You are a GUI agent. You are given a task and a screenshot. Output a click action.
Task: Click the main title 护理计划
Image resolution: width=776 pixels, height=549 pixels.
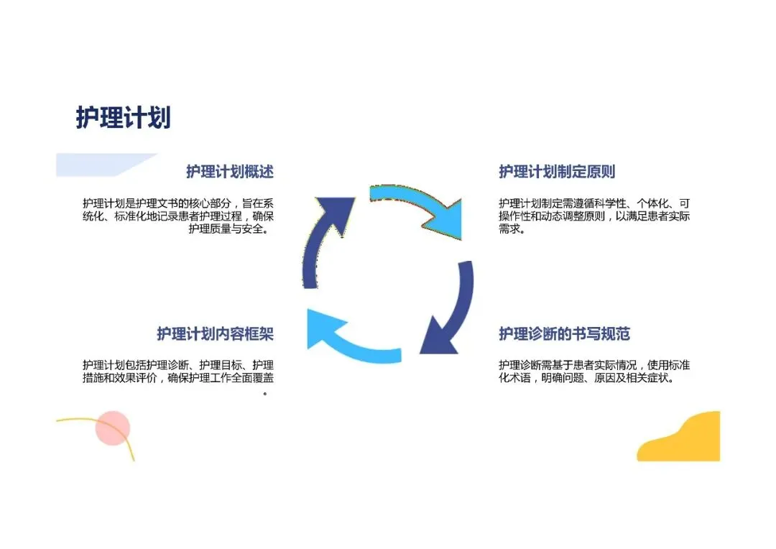(123, 118)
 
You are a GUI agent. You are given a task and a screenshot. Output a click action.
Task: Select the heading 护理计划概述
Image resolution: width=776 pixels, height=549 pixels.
(230, 172)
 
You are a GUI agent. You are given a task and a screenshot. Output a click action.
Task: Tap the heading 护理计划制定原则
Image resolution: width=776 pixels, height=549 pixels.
(557, 172)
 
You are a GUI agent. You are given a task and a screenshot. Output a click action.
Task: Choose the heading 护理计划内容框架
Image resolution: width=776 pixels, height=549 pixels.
(216, 333)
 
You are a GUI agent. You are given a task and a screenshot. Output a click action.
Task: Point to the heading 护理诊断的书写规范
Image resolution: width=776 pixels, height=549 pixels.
(564, 333)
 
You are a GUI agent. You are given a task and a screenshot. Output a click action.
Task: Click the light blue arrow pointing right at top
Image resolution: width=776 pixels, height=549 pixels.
(417, 208)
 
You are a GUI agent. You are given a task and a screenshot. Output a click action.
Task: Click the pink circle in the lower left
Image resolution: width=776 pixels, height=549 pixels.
(113, 428)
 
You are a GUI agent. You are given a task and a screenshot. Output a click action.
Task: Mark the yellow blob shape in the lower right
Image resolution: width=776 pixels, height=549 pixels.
(683, 440)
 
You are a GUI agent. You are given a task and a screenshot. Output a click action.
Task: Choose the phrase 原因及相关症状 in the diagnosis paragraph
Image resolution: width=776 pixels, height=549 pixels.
(632, 378)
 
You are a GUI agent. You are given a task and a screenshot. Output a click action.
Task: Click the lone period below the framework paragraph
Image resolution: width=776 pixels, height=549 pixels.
(265, 394)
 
